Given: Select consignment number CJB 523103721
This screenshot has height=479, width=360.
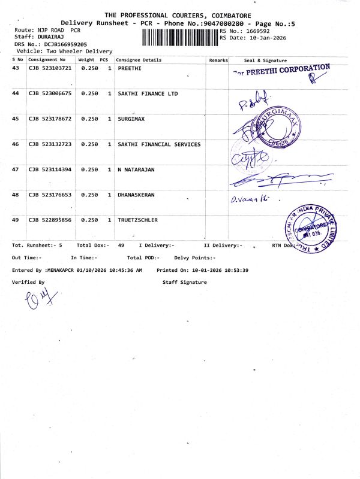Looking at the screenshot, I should pyautogui.click(x=50, y=69).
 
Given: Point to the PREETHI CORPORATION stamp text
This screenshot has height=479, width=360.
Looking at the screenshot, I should pyautogui.click(x=282, y=70).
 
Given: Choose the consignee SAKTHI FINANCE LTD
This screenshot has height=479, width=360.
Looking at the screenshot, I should pyautogui.click(x=148, y=94).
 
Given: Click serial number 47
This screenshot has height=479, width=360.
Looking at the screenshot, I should pyautogui.click(x=16, y=170).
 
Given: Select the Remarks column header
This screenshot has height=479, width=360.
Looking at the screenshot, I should pyautogui.click(x=218, y=60).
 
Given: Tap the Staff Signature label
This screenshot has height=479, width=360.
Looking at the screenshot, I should pyautogui.click(x=184, y=281).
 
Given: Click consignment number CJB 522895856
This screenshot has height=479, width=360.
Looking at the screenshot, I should pyautogui.click(x=50, y=220).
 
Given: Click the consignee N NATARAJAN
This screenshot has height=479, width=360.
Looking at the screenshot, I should pyautogui.click(x=136, y=170).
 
